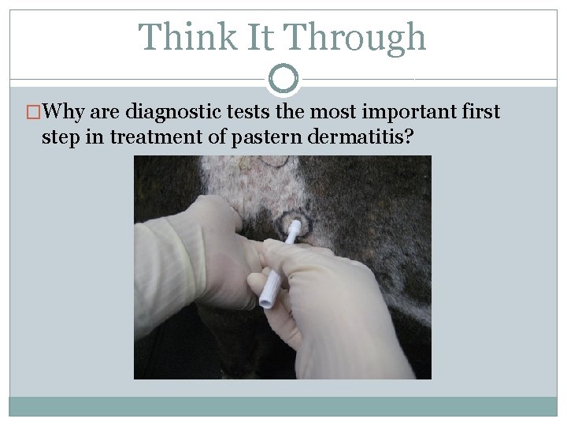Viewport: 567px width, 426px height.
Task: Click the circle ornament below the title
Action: point(283,78)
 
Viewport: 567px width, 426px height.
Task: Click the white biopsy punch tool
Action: point(276,264)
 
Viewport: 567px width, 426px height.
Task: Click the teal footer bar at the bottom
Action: point(283,405)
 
